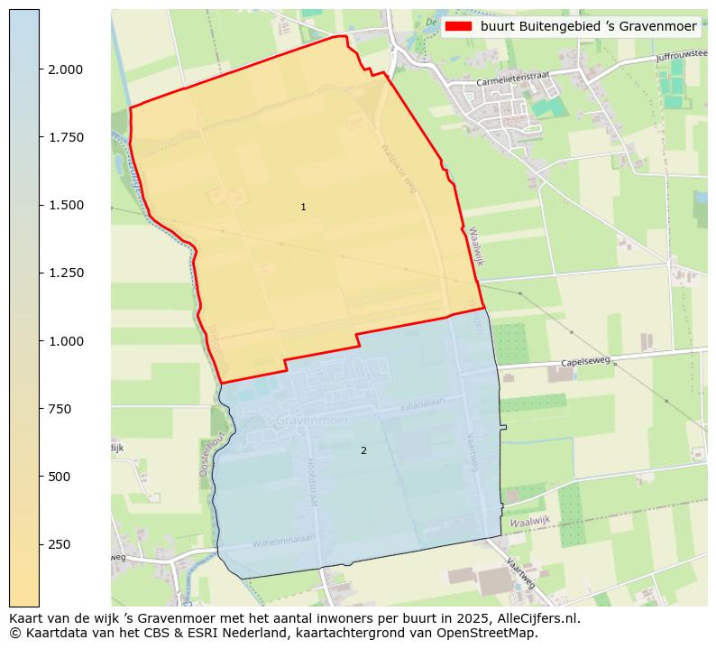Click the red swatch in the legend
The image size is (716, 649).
(459, 27)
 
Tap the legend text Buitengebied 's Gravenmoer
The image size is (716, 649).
(588, 27)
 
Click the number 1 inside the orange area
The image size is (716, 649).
(303, 208)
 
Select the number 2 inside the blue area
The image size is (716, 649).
(363, 450)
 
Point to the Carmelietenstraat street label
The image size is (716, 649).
(512, 79)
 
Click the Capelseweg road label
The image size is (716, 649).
(585, 362)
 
